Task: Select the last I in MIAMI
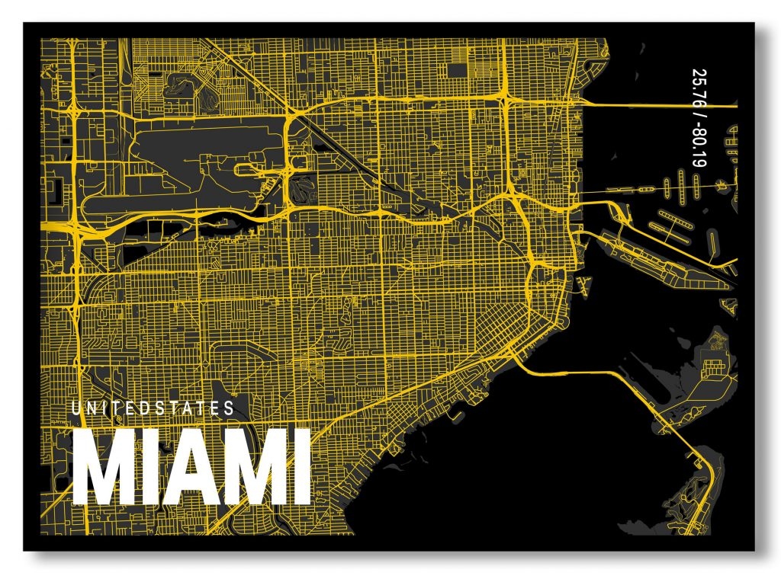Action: tap(300, 468)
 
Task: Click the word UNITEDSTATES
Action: tap(153, 408)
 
